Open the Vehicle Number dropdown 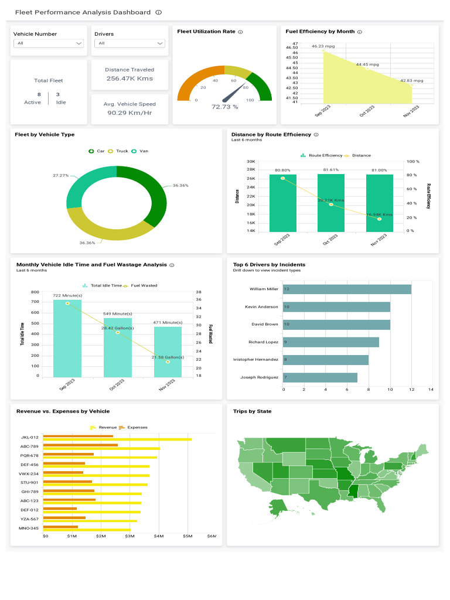[49, 43]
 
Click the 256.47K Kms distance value [129, 78]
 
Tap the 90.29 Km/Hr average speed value [129, 112]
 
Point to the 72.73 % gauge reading [224, 107]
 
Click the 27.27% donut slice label [60, 175]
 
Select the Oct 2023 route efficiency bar [331, 203]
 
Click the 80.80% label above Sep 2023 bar [282, 170]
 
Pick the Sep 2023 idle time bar [67, 339]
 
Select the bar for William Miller [347, 289]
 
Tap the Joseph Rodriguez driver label [259, 377]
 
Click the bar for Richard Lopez [330, 342]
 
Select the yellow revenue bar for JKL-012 [118, 439]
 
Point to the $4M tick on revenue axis [159, 536]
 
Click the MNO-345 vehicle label [29, 528]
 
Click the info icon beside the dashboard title [159, 12]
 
